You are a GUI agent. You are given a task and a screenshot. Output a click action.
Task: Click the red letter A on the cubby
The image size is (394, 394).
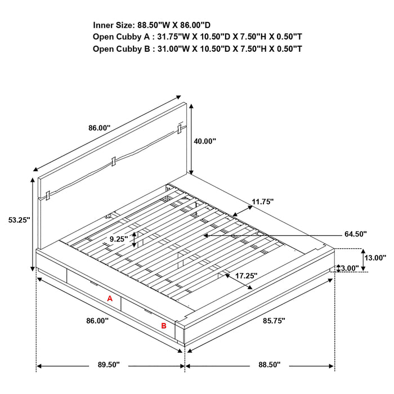(110, 299)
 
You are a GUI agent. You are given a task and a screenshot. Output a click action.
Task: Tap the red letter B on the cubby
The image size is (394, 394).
(164, 325)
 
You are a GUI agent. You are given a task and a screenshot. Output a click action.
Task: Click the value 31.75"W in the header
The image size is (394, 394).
(176, 37)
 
